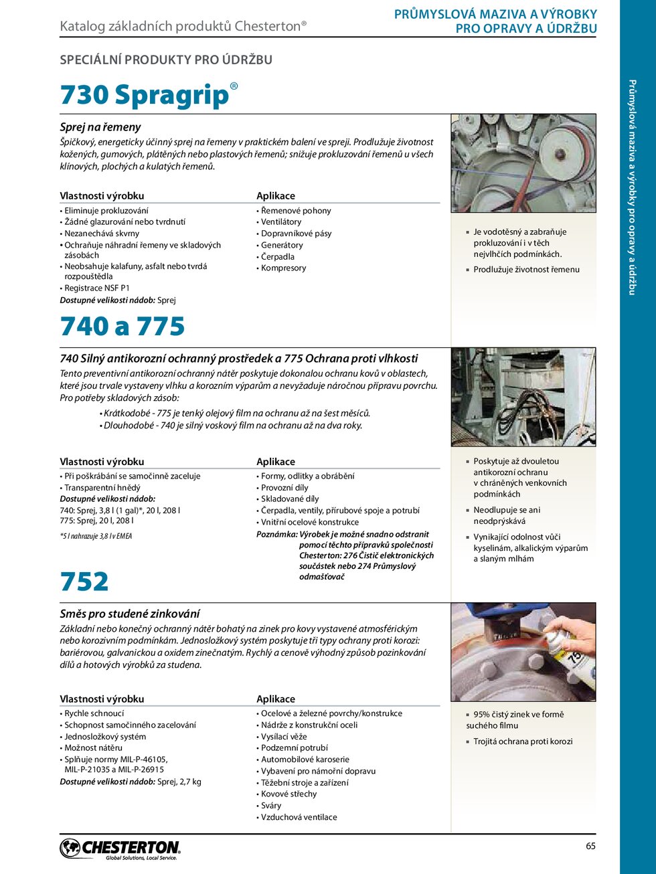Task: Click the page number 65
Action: click(590, 846)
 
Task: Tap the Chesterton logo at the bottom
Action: click(120, 849)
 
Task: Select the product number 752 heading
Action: click(84, 582)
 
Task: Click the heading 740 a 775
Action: click(122, 327)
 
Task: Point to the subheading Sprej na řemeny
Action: click(100, 127)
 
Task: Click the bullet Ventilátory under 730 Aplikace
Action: click(281, 222)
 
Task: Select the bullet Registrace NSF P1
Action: click(97, 288)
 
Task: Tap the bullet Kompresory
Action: click(283, 268)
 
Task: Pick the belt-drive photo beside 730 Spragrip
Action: click(523, 163)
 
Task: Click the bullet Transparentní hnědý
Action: click(102, 488)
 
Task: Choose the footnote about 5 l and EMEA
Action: click(96, 536)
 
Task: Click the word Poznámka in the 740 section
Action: click(276, 534)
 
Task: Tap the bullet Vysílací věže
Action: click(284, 736)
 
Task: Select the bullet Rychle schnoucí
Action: click(94, 713)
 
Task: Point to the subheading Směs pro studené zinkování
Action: click(130, 614)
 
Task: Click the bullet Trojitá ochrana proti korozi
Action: click(523, 741)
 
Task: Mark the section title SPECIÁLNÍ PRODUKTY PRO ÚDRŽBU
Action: click(166, 60)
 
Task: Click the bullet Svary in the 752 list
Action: click(271, 806)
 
